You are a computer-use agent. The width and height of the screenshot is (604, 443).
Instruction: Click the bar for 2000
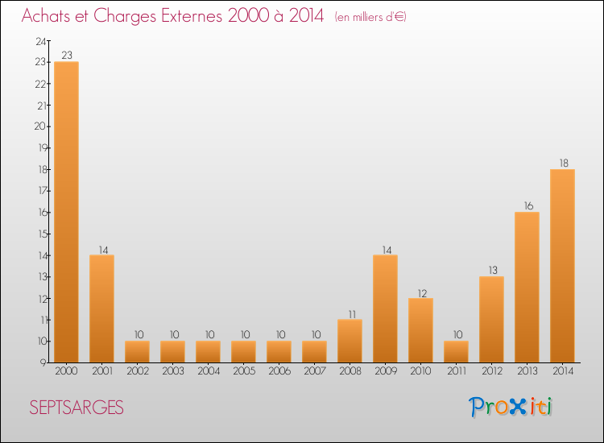(x=66, y=212)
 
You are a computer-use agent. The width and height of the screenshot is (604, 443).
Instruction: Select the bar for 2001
(x=101, y=308)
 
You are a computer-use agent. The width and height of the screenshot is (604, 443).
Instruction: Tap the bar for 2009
(x=385, y=308)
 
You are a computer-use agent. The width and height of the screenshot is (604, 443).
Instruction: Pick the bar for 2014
(x=562, y=266)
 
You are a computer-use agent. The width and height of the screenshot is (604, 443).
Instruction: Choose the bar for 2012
(x=491, y=319)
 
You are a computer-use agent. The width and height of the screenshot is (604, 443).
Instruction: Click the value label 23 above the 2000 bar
(x=66, y=56)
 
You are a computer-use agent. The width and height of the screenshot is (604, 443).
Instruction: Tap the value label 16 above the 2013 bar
(x=527, y=206)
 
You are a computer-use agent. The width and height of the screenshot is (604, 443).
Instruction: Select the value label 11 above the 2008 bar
(x=350, y=313)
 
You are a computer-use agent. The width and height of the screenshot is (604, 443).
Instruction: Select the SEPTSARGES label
(x=77, y=408)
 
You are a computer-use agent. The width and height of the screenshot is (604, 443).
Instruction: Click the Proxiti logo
(x=511, y=407)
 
